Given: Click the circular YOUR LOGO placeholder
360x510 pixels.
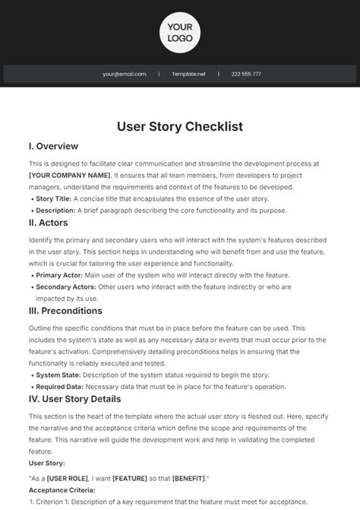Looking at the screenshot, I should point(180,32).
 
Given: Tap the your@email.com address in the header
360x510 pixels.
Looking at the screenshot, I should point(124,74).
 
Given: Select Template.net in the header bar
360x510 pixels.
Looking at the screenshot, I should point(188,74).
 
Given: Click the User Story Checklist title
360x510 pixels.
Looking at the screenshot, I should point(180,126).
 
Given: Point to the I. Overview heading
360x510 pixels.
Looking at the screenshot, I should point(53,146).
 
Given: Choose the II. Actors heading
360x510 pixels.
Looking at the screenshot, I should point(49,223).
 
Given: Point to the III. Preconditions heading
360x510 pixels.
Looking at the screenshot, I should point(65,310).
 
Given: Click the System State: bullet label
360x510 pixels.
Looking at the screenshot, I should point(60,375).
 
